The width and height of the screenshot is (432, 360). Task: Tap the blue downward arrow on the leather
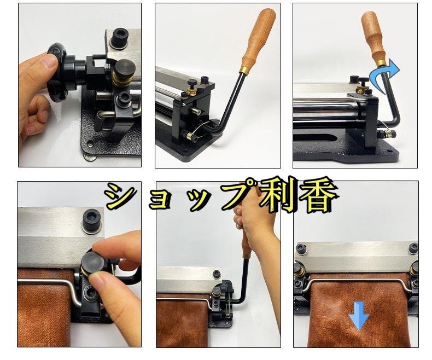[x=359, y=315]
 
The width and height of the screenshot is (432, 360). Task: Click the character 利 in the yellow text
[x=277, y=195]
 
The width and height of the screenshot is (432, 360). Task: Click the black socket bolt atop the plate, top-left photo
[x=119, y=39]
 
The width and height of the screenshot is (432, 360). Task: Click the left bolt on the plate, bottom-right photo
[x=301, y=248]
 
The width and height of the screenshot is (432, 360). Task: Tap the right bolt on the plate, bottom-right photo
[x=413, y=248]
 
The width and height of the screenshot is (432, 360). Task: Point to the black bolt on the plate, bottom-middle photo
[x=217, y=274]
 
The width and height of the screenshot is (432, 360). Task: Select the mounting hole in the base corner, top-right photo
[x=389, y=151]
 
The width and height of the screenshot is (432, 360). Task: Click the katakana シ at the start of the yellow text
[x=120, y=196]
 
